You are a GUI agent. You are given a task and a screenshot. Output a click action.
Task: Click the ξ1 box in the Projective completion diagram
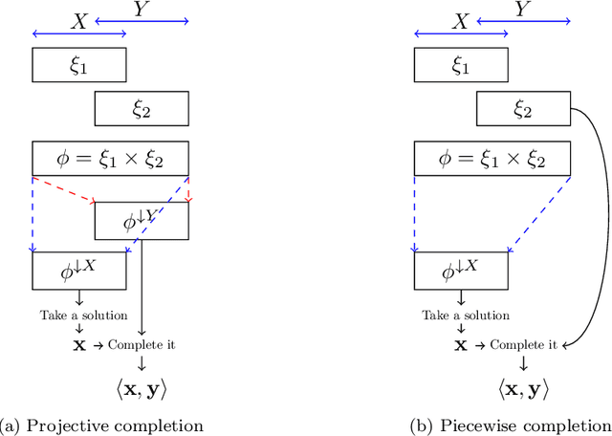pos(79,65)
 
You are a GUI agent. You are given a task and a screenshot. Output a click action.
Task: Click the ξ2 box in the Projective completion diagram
pos(142,110)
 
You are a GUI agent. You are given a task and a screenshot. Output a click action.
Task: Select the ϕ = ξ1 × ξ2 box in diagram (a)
pos(111,158)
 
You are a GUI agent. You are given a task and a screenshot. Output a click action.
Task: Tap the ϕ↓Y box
pos(142,222)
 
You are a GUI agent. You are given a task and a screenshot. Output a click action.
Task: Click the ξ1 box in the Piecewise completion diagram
pos(461,65)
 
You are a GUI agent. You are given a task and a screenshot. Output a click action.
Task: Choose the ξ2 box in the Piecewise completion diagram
pos(523,110)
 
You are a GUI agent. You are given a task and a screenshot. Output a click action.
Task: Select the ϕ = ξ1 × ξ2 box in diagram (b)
pos(492,158)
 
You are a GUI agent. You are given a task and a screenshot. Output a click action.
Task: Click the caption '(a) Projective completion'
pos(103,424)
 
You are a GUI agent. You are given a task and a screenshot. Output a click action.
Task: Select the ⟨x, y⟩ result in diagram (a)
pos(142,388)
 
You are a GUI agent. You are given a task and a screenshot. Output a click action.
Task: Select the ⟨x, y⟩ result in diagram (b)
pos(523,388)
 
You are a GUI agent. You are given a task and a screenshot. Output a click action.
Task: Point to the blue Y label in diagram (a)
pos(142,10)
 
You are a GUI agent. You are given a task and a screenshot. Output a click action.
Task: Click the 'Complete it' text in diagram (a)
pos(142,344)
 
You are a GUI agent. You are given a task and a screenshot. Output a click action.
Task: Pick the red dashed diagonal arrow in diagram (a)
pos(65,189)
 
